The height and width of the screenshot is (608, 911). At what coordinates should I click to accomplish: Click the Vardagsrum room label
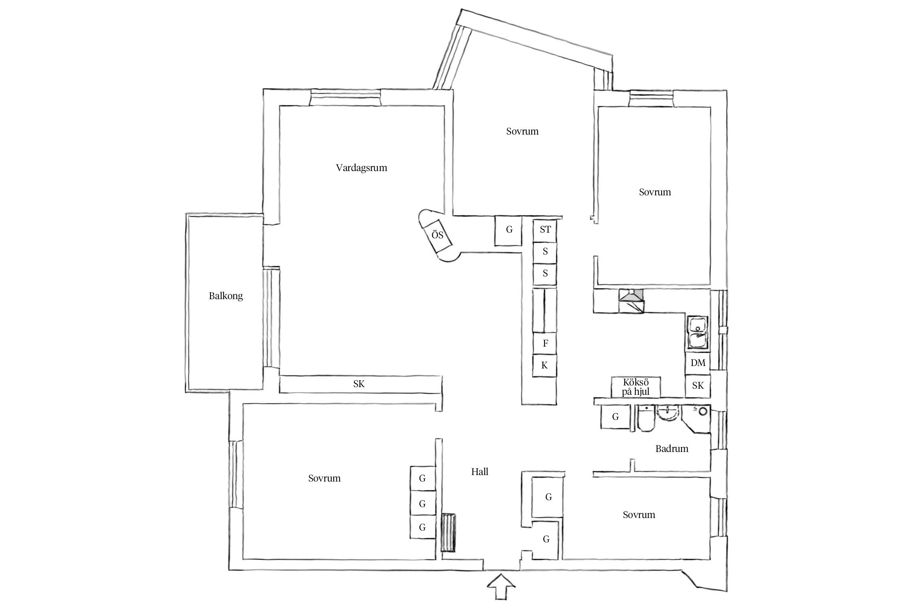pos(361,168)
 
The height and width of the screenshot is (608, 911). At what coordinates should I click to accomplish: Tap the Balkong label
pos(226,296)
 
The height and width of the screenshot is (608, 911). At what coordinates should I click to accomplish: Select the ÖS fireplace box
pos(438,235)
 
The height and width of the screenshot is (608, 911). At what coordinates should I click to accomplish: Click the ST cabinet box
pos(545,230)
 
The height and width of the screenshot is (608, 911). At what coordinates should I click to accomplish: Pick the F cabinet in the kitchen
pos(545,343)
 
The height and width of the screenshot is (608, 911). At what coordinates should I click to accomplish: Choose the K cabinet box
pos(545,366)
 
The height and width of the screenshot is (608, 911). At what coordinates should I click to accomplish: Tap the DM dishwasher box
pos(698,363)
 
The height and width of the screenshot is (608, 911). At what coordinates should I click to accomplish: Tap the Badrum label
pos(672,449)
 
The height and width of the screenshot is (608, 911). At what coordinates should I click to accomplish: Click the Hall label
pos(479,472)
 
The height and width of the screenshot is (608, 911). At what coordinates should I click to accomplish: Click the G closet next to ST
pos(509,230)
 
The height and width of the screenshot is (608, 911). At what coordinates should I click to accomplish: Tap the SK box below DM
pos(698,386)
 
